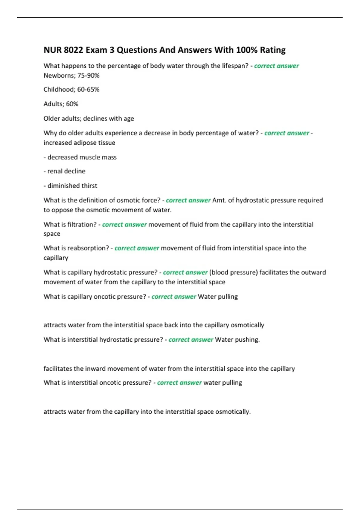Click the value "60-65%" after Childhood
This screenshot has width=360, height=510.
click(x=88, y=89)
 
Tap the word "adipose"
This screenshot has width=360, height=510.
click(x=80, y=143)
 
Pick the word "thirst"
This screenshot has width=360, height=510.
click(x=89, y=186)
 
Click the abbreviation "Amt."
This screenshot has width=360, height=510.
click(x=219, y=200)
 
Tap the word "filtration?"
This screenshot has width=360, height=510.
click(x=82, y=224)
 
